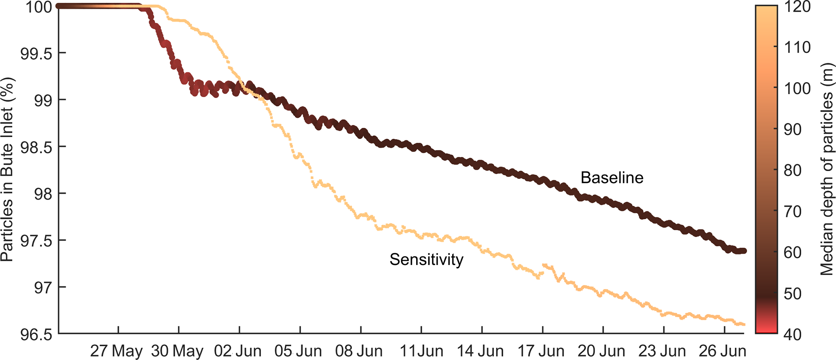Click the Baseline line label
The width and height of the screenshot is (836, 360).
coord(612,178)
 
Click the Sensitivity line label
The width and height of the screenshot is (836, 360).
coord(426,260)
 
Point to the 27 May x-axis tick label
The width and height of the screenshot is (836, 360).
coord(116,351)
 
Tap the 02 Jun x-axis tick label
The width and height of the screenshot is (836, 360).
coord(238,351)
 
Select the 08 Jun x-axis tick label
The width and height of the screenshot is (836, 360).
coord(359,351)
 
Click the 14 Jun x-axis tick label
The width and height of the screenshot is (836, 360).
coord(480,351)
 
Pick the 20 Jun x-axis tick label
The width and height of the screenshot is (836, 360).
coord(601,351)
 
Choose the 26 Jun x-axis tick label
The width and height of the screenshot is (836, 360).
coord(723,351)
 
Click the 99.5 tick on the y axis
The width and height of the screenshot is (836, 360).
coord(36,53)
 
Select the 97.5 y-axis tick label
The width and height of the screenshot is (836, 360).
coord(36,241)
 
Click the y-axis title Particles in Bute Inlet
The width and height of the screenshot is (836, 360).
coord(7,170)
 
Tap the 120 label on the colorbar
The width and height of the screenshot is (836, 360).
coord(797,7)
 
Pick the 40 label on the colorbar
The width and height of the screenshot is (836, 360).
coord(792,335)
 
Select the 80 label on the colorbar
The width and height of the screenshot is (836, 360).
coord(792,171)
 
